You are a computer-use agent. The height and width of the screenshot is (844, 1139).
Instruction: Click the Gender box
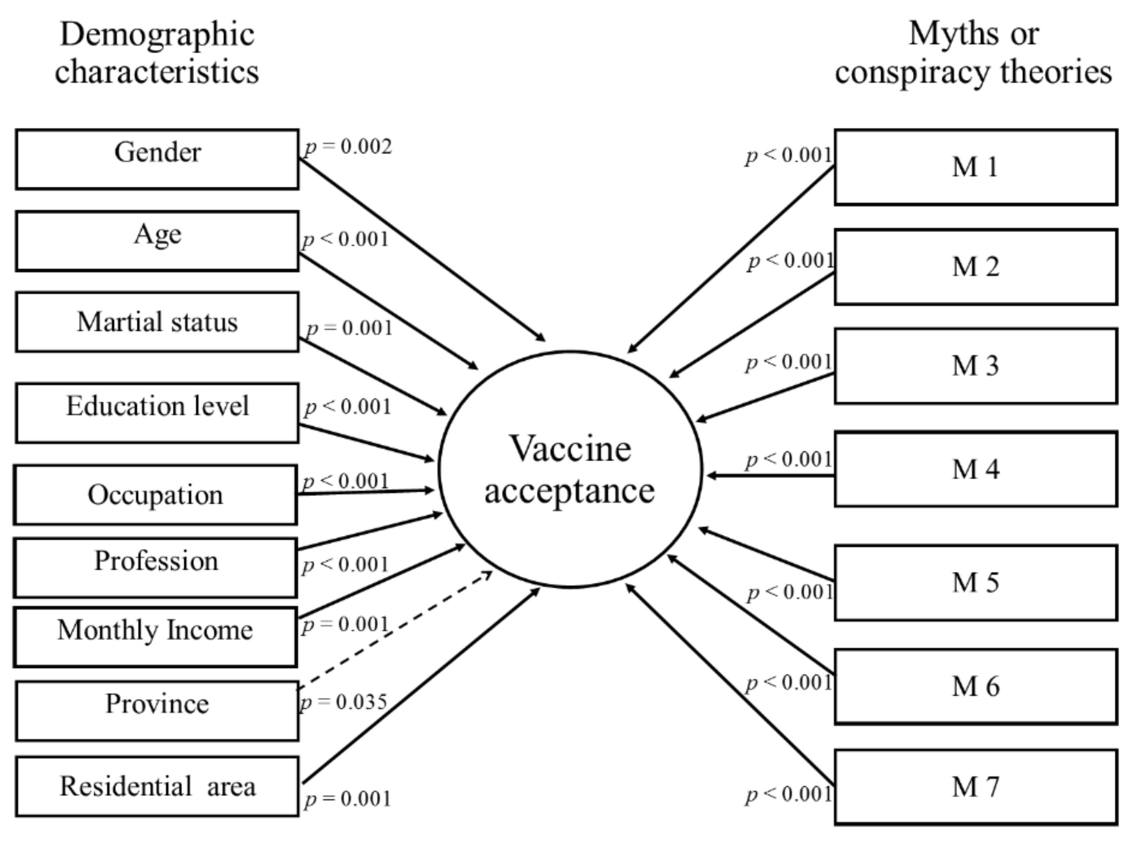click(157, 159)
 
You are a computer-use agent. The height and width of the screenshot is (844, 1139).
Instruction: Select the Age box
click(157, 241)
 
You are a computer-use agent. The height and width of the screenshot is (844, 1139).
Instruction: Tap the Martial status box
click(157, 322)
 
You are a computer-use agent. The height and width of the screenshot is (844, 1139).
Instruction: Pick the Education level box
click(157, 413)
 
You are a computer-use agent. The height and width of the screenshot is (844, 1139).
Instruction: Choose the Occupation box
click(156, 495)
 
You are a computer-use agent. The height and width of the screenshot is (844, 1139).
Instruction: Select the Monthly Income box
click(156, 637)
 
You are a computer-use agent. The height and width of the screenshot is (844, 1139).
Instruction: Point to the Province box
click(157, 711)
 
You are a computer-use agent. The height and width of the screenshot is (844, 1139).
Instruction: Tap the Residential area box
click(157, 786)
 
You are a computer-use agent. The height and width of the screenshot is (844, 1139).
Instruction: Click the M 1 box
click(975, 167)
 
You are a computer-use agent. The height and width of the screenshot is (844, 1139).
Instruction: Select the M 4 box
click(975, 469)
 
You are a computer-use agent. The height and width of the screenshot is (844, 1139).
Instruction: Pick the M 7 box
click(975, 787)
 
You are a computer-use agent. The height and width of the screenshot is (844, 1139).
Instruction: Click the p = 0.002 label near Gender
click(348, 147)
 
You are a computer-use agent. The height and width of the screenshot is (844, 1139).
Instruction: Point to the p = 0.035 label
click(343, 703)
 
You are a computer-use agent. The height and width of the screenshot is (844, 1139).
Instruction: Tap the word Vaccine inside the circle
click(570, 448)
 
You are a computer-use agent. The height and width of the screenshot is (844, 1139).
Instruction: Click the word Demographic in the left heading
click(157, 35)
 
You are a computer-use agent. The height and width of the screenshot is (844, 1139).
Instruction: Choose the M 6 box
click(975, 686)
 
